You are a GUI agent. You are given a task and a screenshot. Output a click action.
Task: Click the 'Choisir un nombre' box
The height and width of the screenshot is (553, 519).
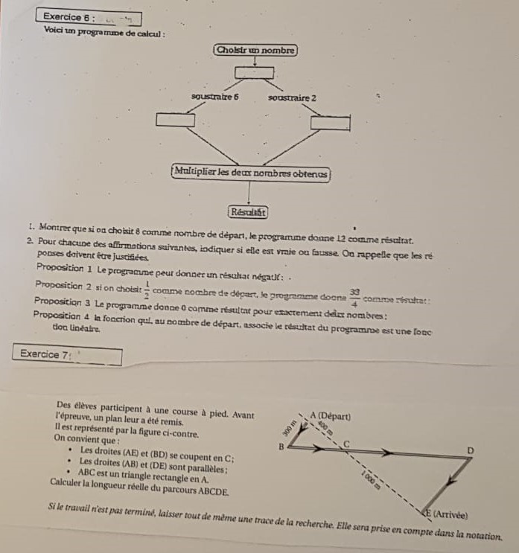(x=255, y=51)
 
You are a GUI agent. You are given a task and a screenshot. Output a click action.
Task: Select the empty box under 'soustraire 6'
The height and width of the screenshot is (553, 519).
(x=176, y=120)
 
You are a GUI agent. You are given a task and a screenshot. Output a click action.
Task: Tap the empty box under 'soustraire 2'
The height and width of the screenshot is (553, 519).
(x=330, y=122)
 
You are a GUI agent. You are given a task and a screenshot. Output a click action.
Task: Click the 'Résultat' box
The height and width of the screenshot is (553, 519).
(x=247, y=211)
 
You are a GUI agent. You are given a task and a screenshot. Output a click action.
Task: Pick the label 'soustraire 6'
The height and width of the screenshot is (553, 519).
(x=215, y=97)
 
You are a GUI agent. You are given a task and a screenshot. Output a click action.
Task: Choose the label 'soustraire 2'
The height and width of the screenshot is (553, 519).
(x=293, y=98)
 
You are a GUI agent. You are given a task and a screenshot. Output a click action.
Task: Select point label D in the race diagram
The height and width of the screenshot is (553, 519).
(x=469, y=450)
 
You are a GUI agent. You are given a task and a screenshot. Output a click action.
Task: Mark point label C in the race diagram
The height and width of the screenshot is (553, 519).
(x=345, y=442)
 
